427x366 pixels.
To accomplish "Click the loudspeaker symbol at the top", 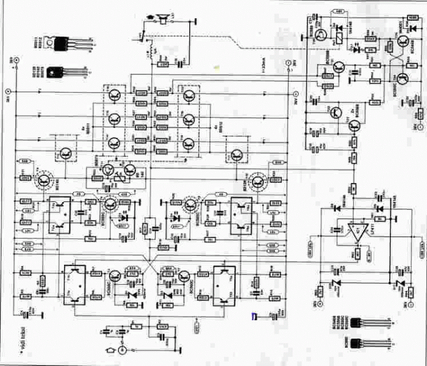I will tap(162, 20).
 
